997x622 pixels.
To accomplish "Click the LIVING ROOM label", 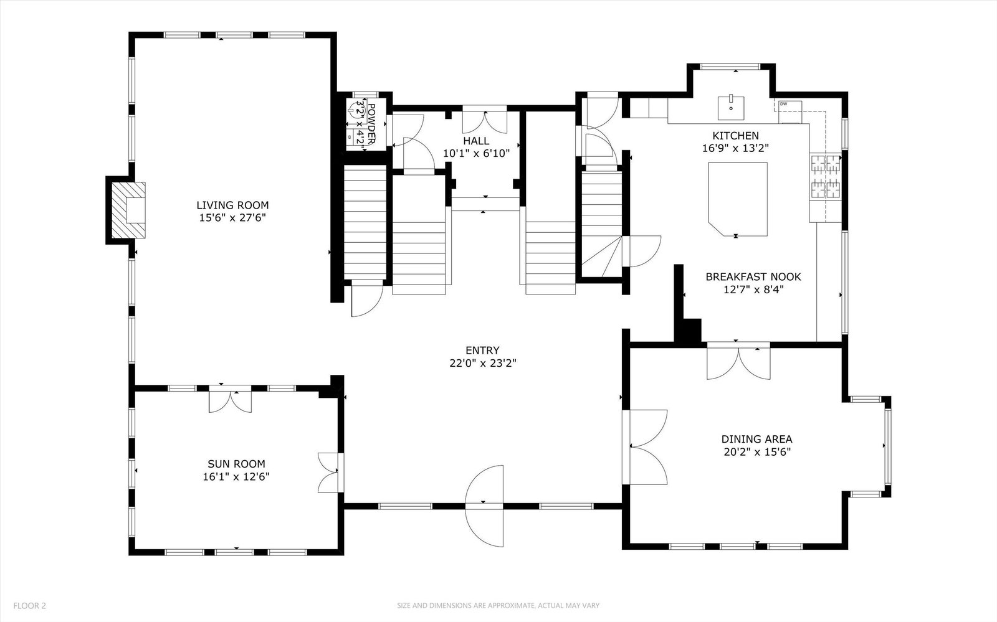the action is tap(232, 205).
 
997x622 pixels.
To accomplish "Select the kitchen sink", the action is tap(731, 108).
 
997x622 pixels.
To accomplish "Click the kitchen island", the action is tap(738, 199).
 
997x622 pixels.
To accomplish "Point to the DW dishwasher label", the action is tap(783, 104).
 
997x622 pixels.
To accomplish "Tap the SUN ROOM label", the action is tap(236, 464).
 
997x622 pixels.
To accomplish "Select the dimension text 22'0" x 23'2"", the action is tap(483, 363).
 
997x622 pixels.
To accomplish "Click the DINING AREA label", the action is tap(756, 440).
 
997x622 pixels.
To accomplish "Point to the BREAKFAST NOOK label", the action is tap(753, 277).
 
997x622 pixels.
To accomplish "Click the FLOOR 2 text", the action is tap(29, 606).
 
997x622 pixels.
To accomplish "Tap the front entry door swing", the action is tap(484, 506).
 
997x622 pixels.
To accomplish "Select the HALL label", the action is tap(476, 141).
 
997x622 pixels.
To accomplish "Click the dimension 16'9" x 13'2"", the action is tap(736, 148).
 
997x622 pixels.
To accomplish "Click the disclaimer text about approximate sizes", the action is tap(498, 606).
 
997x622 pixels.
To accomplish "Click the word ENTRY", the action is tap(482, 351).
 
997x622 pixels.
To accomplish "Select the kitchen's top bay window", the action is tap(730, 67).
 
